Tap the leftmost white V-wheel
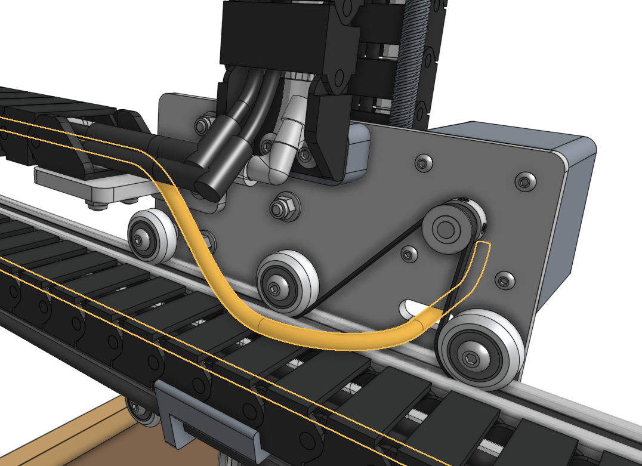(152, 235)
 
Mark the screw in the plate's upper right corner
(524, 181)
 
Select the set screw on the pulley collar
(482, 227)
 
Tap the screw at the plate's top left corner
(203, 125)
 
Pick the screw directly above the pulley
(422, 162)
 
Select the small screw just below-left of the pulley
(410, 255)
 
